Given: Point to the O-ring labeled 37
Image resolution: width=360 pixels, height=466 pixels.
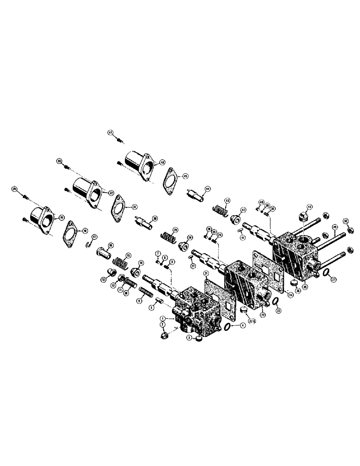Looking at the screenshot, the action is [x=328, y=274].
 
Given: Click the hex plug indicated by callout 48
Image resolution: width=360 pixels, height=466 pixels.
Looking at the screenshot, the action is [x=301, y=216].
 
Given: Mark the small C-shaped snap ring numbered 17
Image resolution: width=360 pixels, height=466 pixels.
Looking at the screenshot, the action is [x=89, y=244].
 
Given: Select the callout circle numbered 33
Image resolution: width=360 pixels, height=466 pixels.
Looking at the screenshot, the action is [x=59, y=161].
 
